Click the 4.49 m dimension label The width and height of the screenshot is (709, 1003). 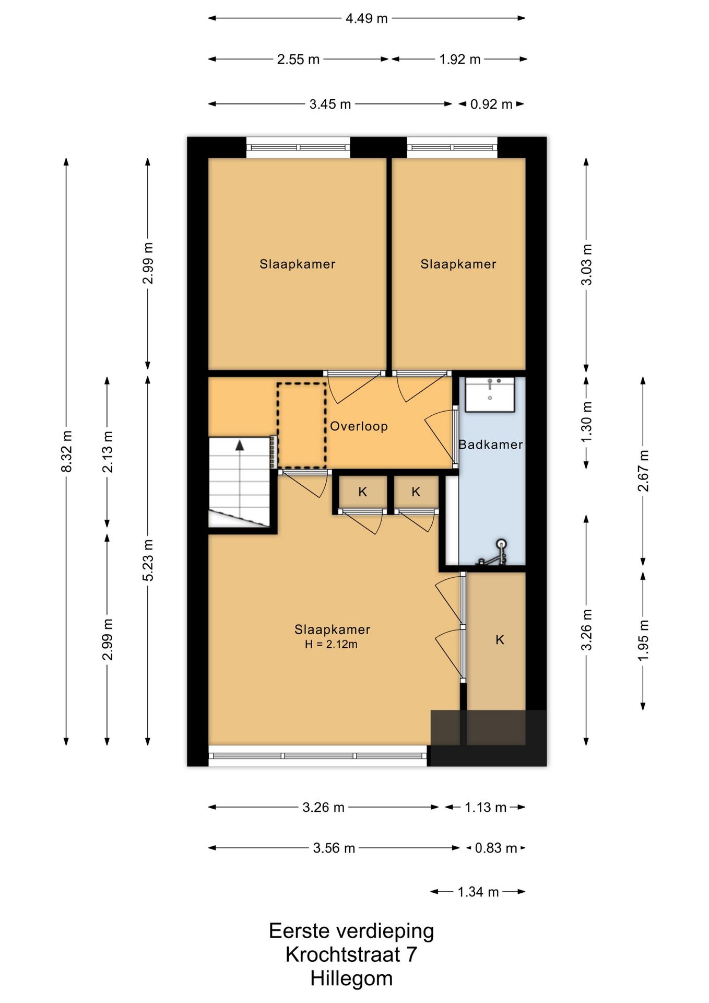click(x=367, y=18)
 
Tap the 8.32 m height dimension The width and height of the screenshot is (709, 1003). click(x=66, y=451)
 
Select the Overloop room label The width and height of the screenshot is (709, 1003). click(x=359, y=426)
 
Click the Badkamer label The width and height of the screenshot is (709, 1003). click(x=490, y=445)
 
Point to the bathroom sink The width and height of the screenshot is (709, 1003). click(x=490, y=394)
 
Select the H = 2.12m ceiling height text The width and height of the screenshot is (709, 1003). click(x=331, y=645)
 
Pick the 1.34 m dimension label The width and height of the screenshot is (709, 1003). click(x=478, y=892)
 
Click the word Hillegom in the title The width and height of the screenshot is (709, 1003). click(x=351, y=978)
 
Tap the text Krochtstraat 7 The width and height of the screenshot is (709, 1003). click(x=351, y=954)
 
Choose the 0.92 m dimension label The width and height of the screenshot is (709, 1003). click(x=491, y=104)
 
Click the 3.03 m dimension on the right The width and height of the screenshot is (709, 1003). click(x=586, y=265)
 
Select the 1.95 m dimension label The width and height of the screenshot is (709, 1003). click(x=643, y=640)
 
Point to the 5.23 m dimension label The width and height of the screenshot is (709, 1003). click(x=148, y=560)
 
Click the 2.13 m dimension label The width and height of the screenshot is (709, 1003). click(x=107, y=451)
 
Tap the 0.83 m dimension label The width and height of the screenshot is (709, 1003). click(x=495, y=848)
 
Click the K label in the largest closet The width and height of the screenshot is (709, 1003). click(x=500, y=640)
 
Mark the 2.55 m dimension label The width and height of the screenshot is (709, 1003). click(x=298, y=59)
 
